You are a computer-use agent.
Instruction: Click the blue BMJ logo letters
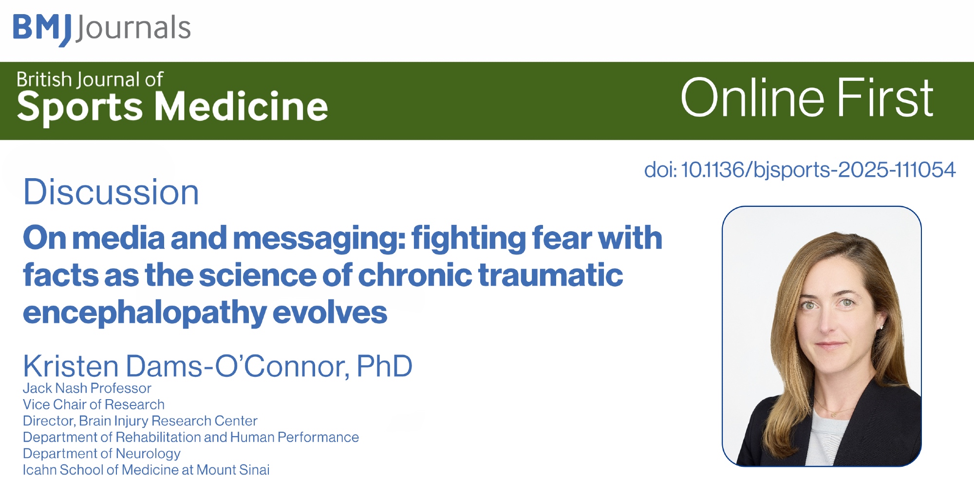pos(42,29)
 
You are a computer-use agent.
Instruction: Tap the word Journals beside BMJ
pos(133,28)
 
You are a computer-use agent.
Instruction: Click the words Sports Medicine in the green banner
pos(172,108)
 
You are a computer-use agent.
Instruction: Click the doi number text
pos(800,170)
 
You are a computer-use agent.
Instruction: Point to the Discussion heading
pos(111,192)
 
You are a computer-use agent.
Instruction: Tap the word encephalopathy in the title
pos(145,313)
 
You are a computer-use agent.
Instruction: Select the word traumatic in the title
pos(551,275)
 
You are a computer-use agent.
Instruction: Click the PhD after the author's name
pos(385,366)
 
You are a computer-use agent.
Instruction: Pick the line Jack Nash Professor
pos(87,388)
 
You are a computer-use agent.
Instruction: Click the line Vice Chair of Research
pos(94,404)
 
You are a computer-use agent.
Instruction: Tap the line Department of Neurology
pos(101,454)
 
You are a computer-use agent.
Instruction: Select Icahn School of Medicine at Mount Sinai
pos(146,470)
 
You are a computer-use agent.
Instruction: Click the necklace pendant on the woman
pos(834,414)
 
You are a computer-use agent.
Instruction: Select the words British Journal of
pos(90,79)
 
